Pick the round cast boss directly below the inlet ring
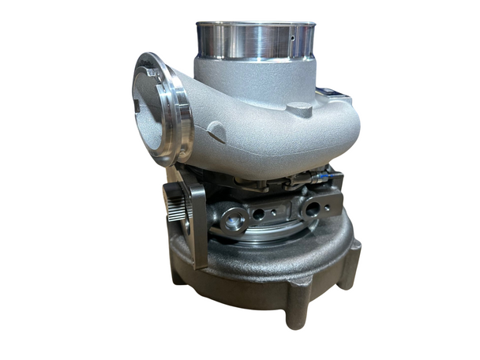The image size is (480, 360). point(301,109)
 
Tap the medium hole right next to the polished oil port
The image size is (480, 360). point(258,213)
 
